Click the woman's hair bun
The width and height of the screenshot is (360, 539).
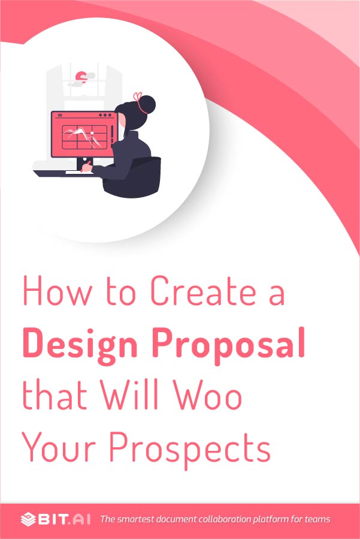coord(145,106)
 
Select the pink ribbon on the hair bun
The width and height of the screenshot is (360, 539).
coord(139,97)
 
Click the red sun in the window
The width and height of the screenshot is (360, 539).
coord(81,76)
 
